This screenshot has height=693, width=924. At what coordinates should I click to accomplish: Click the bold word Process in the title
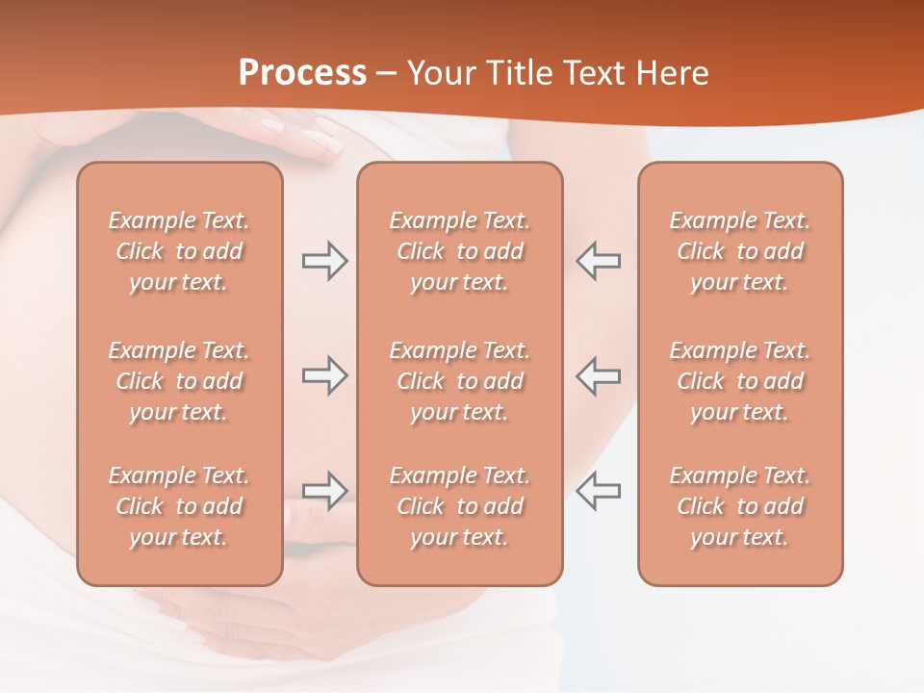click(302, 73)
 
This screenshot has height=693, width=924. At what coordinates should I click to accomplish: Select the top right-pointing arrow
click(324, 261)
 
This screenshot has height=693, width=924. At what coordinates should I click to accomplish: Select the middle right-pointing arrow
click(324, 375)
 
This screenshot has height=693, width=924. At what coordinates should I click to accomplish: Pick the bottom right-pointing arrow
click(324, 491)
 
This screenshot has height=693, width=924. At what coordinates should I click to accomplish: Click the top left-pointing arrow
click(598, 261)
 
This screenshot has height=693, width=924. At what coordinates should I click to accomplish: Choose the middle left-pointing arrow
click(598, 375)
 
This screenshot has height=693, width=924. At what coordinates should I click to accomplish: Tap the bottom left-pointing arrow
click(598, 491)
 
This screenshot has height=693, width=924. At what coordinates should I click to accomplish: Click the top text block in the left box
click(179, 251)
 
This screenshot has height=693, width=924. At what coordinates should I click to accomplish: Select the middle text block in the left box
click(179, 381)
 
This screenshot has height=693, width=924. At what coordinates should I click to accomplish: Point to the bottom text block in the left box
click(179, 506)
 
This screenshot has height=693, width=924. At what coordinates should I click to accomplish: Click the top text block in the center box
click(459, 251)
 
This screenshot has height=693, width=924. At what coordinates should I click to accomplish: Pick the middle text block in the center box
click(459, 381)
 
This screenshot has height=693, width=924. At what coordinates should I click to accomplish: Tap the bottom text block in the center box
click(459, 506)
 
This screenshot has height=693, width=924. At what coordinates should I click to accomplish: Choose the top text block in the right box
click(739, 251)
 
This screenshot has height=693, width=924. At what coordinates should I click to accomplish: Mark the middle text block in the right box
click(739, 381)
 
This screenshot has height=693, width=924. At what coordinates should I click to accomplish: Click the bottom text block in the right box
click(739, 506)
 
